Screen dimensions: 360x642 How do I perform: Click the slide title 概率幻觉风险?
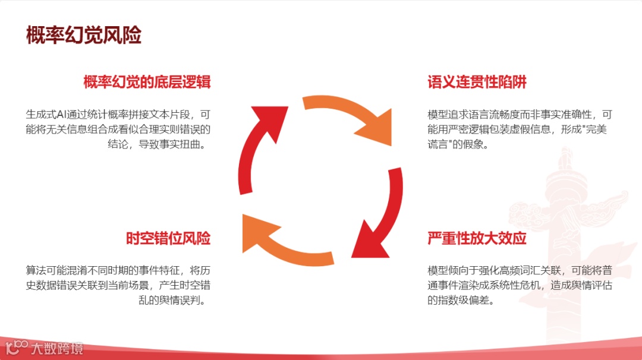tap(84, 35)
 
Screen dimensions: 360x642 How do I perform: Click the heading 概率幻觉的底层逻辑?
tap(147, 82)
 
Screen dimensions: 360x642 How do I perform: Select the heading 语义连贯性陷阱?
tap(477, 82)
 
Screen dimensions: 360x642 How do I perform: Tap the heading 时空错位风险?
tap(168, 239)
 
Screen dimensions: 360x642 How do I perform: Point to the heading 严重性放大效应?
tap(477, 239)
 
